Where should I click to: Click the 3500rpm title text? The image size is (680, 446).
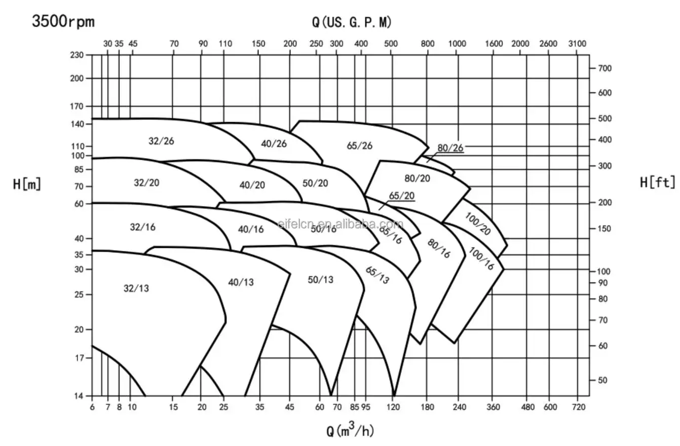click(x=63, y=21)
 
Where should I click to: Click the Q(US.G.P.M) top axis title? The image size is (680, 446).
click(x=352, y=22)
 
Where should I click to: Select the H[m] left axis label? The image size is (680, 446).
click(x=27, y=184)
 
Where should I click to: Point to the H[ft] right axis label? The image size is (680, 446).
click(x=657, y=183)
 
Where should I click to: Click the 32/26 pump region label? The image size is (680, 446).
click(x=161, y=141)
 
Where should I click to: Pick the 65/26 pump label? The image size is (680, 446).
click(x=359, y=145)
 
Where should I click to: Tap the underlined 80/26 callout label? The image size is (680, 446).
click(x=450, y=148)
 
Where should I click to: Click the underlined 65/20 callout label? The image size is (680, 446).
click(x=402, y=196)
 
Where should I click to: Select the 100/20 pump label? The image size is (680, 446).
click(x=478, y=224)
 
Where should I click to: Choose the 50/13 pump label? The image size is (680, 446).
click(x=320, y=279)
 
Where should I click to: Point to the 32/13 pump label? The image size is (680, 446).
click(x=136, y=288)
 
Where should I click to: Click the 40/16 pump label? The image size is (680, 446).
click(x=251, y=229)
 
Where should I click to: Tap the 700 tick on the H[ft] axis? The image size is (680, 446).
click(x=606, y=68)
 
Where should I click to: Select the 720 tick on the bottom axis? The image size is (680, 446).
click(x=578, y=407)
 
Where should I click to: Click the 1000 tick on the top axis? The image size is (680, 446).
click(x=457, y=44)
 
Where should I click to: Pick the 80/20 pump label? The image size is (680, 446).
click(x=417, y=178)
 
